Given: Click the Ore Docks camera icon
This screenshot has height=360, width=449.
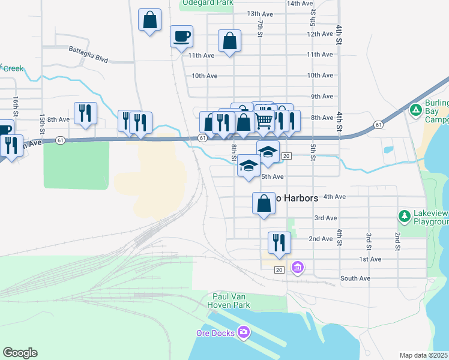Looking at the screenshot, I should coord(243,332).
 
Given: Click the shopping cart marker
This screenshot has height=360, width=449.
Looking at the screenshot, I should coord(265,121).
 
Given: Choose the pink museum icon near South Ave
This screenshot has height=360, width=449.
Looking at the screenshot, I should coord(297,267).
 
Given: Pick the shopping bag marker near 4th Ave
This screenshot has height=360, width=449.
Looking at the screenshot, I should coord(264,203).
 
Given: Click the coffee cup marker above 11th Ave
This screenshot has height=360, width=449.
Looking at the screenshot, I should coord(181,37).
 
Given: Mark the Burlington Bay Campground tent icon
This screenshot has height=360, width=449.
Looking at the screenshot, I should coord(415,110).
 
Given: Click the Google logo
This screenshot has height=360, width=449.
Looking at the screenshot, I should coord(20,353).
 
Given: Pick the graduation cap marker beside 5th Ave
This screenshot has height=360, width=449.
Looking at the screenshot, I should coord(248,166).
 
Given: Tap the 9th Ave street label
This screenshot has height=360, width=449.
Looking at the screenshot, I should coord(322,96).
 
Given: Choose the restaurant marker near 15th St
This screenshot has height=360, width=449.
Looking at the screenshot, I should coord(85,113).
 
